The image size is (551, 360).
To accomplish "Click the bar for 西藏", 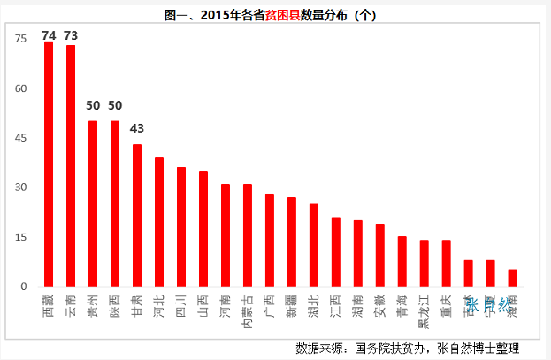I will tap(49, 165).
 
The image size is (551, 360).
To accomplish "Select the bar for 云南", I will tap(71, 166).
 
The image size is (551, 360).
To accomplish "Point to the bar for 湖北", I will tap(314, 245).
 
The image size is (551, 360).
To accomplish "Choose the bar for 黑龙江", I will tap(425, 264).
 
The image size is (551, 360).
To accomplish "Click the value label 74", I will tap(49, 35).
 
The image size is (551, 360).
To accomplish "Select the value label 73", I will tap(71, 35).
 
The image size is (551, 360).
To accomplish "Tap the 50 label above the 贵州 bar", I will tap(93, 105).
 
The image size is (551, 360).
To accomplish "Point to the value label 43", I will tap(137, 128).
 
